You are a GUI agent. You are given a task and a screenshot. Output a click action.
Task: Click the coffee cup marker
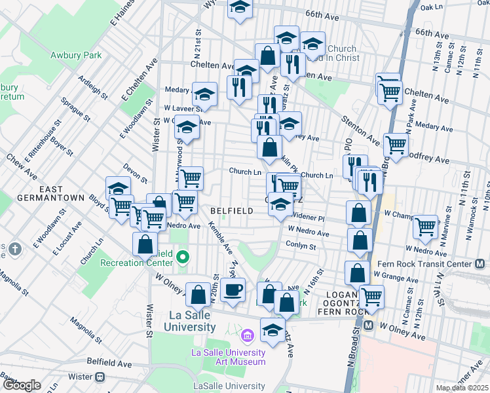[232, 289]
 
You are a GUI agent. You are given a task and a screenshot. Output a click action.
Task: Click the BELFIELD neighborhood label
[232, 210]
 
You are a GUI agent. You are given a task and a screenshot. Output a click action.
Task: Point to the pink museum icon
[246, 337]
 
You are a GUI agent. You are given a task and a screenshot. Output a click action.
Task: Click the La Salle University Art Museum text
[228, 356]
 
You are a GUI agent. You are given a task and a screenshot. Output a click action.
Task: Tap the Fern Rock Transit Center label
[424, 264]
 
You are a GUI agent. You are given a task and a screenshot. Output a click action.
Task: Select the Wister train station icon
[100, 377]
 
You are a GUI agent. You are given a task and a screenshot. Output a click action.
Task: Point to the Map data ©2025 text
[462, 388]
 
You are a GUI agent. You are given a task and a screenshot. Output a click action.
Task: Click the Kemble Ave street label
[220, 240]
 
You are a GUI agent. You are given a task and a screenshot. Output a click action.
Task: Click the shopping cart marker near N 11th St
[426, 227]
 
